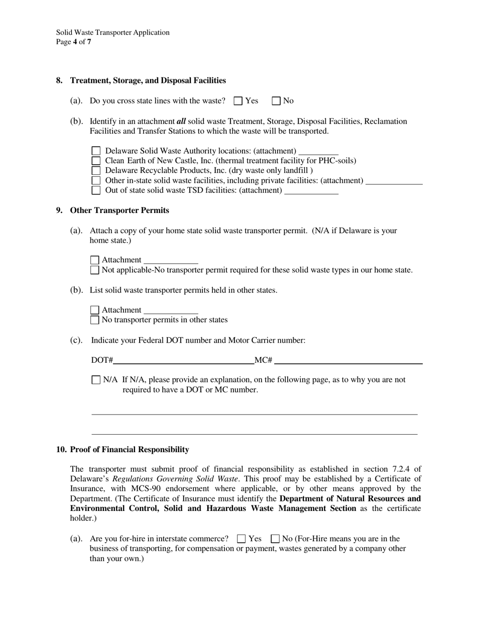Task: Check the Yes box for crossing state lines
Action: point(238,101)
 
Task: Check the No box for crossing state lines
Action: point(276,101)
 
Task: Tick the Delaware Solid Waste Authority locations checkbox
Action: point(96,151)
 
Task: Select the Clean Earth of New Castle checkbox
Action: point(96,161)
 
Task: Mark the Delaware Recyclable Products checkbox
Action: point(96,170)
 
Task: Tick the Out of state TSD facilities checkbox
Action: point(96,190)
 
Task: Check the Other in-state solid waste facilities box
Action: point(96,180)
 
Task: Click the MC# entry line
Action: point(348,360)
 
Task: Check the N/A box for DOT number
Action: point(96,380)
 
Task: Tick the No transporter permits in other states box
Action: point(94,320)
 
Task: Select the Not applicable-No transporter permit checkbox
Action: point(94,270)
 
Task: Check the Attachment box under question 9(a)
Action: point(94,260)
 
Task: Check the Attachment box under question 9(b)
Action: point(94,310)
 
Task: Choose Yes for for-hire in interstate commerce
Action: point(241,539)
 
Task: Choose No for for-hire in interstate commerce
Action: point(275,539)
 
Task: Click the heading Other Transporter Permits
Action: point(120,211)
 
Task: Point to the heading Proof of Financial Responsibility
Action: point(130,450)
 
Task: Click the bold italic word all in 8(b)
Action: point(181,121)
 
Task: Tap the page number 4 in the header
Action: point(75,42)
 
